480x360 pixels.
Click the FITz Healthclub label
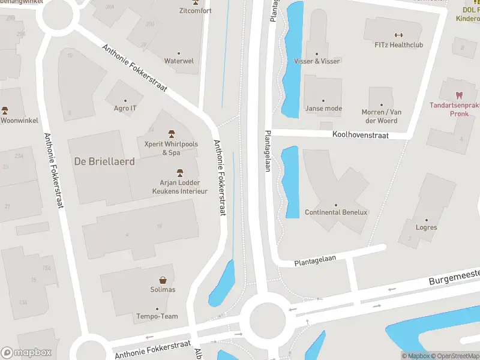(x=398, y=44)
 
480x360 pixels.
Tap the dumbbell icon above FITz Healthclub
(x=398, y=34)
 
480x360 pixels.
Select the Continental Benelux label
(x=336, y=212)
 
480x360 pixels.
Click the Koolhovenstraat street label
(x=361, y=136)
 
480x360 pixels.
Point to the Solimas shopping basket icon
(x=163, y=280)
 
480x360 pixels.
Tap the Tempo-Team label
(x=157, y=316)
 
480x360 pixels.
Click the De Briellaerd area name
(x=104, y=161)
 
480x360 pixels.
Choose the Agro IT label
(x=125, y=108)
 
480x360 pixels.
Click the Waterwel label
(x=179, y=61)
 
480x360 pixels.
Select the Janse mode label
(x=323, y=109)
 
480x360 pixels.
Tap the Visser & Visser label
(x=317, y=61)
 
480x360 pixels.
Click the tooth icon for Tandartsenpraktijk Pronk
(x=460, y=95)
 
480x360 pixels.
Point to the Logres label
(x=426, y=227)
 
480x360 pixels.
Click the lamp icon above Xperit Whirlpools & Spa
(x=171, y=133)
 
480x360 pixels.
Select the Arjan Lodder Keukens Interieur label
(x=179, y=187)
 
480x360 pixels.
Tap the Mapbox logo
(x=26, y=353)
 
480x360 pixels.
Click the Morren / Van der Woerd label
(x=380, y=116)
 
